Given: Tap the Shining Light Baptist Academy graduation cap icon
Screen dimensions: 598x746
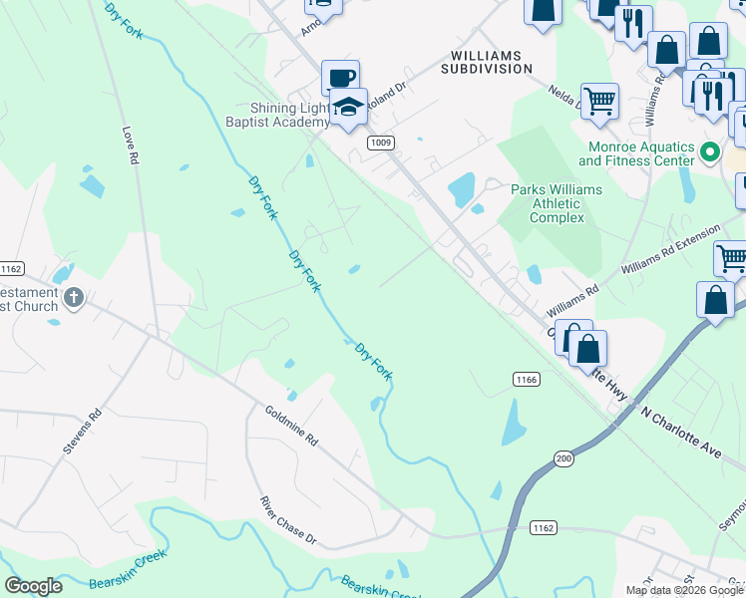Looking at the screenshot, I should click(x=349, y=107).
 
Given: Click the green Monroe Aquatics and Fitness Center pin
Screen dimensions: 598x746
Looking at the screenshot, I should click(x=709, y=152).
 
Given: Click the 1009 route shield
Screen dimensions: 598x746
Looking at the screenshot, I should click(x=379, y=143).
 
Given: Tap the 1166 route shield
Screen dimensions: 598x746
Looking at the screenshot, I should click(x=527, y=379).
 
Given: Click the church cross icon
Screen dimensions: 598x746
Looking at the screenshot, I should click(x=73, y=297).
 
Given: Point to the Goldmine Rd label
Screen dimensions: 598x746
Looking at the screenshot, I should click(x=290, y=425).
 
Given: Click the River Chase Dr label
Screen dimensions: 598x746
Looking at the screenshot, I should click(x=287, y=521).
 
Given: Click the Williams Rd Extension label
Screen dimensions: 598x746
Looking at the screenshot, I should click(x=669, y=250).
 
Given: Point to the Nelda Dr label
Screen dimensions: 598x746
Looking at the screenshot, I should click(x=567, y=96).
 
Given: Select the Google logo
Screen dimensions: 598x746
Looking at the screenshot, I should click(x=33, y=586).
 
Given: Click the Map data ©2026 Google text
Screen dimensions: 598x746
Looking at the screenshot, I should click(x=684, y=590).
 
